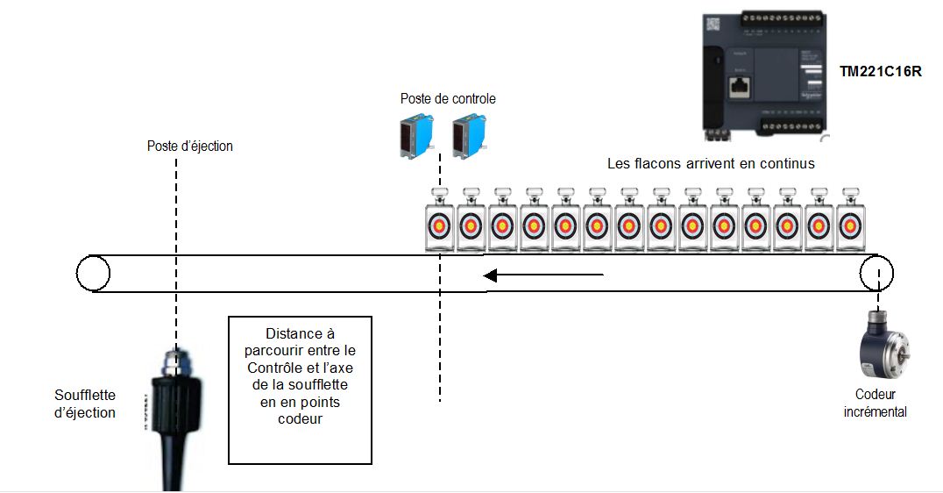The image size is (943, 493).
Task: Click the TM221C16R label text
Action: (x=880, y=72)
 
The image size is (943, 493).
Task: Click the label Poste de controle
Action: (x=448, y=99)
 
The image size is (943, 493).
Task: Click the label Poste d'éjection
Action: (x=190, y=146)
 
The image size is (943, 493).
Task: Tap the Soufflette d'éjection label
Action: (x=85, y=404)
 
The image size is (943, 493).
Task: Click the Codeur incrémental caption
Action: (x=875, y=403)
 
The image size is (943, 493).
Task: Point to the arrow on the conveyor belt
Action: (x=543, y=275)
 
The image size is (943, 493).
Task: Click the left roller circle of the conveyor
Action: (x=93, y=273)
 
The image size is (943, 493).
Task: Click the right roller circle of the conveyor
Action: (x=876, y=273)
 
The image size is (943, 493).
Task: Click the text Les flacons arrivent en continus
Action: (x=711, y=163)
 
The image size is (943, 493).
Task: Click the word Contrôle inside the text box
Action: (x=273, y=368)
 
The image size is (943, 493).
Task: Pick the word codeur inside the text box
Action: (x=301, y=418)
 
